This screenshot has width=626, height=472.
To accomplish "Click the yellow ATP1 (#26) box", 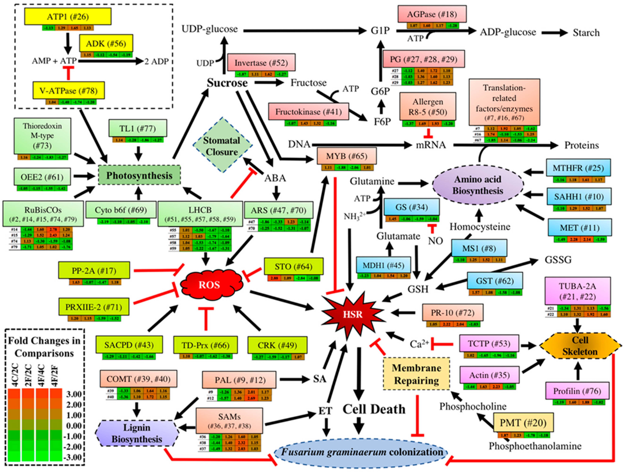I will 68,16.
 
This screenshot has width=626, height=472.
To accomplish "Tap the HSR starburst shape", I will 353,314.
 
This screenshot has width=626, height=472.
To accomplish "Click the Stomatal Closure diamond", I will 222,146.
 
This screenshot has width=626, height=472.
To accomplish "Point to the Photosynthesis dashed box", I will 139,175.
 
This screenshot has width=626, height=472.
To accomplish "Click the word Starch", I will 586,33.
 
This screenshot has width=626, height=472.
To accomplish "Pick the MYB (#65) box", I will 347,156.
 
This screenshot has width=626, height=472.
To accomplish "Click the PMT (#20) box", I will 523,423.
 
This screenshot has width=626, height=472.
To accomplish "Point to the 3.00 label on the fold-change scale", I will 74,394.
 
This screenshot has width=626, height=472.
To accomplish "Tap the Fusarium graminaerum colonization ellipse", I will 362,452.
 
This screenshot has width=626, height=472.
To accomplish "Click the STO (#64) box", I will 294,267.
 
